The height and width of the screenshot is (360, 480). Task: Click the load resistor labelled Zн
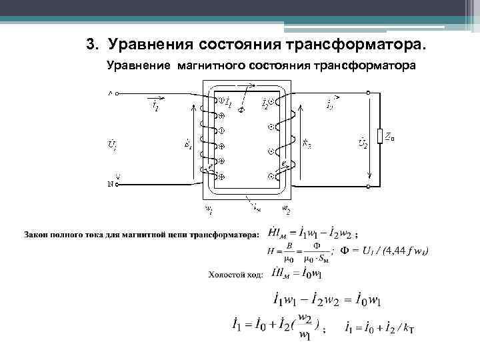tap(379, 136)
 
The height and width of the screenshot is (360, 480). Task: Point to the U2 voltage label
tap(363, 143)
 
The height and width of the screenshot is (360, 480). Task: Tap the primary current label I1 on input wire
tap(155, 106)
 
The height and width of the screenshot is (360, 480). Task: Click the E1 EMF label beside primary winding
tap(188, 144)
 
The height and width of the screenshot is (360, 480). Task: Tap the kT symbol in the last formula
tap(408, 329)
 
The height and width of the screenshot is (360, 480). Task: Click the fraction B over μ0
tap(289, 251)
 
